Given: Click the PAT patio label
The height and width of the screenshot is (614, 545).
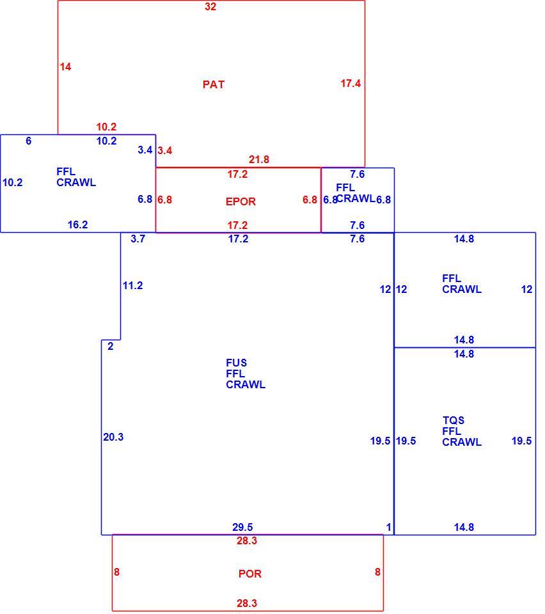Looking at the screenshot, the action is pyautogui.click(x=214, y=84).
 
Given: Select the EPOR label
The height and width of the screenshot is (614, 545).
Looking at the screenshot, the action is pyautogui.click(x=241, y=201).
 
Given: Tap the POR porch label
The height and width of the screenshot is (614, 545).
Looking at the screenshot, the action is pyautogui.click(x=249, y=574).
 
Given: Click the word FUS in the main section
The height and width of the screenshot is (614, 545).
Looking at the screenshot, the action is pyautogui.click(x=236, y=363).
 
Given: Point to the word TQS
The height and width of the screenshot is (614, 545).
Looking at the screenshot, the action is pyautogui.click(x=454, y=420).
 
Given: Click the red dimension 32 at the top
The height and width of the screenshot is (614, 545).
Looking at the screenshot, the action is pyautogui.click(x=210, y=6).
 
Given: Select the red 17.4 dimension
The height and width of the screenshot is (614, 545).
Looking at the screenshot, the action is pyautogui.click(x=351, y=83).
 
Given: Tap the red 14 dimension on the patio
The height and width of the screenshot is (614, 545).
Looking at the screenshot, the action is pyautogui.click(x=65, y=67).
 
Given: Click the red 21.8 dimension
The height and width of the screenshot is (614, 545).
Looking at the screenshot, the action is pyautogui.click(x=259, y=160).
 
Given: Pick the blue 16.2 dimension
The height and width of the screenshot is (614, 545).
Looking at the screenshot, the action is pyautogui.click(x=77, y=224).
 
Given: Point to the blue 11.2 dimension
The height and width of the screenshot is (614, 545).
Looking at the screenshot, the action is pyautogui.click(x=132, y=286).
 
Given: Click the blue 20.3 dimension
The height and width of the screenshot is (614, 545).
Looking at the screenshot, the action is pyautogui.click(x=113, y=437).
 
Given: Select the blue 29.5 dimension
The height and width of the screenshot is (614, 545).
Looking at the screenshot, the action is pyautogui.click(x=242, y=528).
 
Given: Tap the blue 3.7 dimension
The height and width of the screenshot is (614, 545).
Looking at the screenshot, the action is pyautogui.click(x=138, y=239).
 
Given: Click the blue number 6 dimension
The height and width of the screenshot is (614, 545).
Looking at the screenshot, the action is pyautogui.click(x=29, y=141).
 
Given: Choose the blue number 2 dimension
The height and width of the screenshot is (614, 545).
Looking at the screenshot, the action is pyautogui.click(x=111, y=346).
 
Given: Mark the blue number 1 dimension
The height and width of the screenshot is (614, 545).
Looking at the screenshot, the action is pyautogui.click(x=388, y=528).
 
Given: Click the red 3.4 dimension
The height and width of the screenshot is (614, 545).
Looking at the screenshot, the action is pyautogui.click(x=165, y=150).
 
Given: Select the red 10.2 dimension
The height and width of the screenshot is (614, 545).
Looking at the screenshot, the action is pyautogui.click(x=106, y=127).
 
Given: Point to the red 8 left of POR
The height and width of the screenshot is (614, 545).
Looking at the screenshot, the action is pyautogui.click(x=116, y=572).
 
